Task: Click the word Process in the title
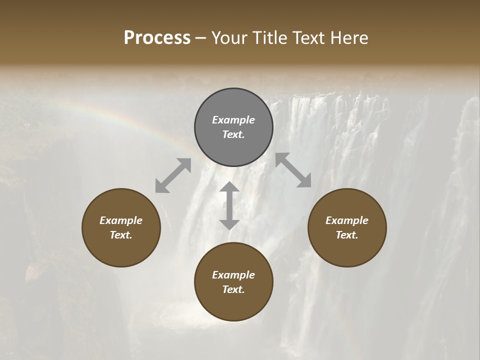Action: [157, 38]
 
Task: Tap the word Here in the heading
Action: [349, 38]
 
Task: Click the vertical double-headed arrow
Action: [229, 205]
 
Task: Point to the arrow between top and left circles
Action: [173, 175]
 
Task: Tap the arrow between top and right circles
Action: [293, 170]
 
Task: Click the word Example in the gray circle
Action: [233, 120]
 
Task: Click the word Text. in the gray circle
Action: [233, 134]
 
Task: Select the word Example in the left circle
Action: [121, 220]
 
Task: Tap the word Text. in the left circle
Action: [121, 235]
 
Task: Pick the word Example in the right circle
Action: [347, 220]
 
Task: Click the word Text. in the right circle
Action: [347, 235]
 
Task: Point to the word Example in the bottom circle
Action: [233, 275]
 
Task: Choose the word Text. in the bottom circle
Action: [233, 289]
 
